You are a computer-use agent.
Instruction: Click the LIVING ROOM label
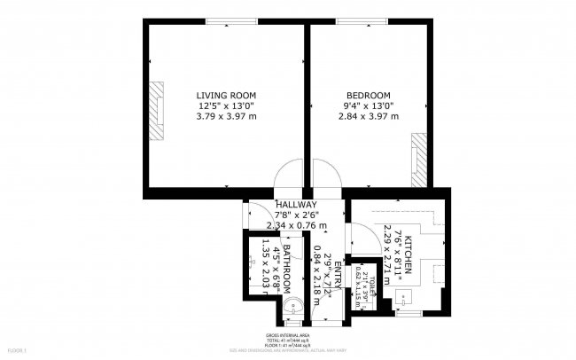tap(226, 95)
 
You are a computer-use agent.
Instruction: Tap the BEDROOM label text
tap(368, 95)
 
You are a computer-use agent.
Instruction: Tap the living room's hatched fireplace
tap(158, 110)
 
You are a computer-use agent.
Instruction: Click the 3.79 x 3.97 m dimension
tap(226, 116)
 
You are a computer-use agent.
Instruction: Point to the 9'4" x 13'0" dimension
tap(368, 106)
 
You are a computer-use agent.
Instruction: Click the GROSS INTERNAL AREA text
tap(288, 336)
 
